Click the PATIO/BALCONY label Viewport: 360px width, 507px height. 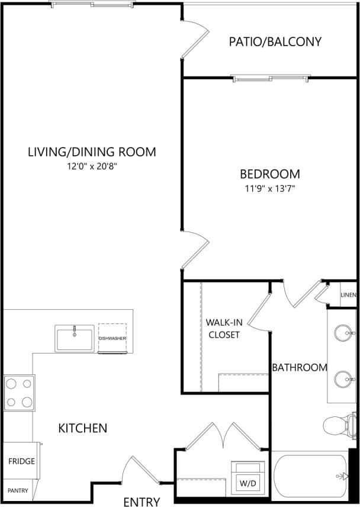click(x=275, y=41)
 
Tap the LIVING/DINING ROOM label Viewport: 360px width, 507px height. click(x=92, y=152)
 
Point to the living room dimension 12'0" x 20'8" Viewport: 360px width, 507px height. click(x=92, y=167)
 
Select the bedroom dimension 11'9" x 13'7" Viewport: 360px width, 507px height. click(x=269, y=190)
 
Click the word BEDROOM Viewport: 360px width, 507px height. click(x=269, y=174)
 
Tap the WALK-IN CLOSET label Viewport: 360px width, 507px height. click(x=223, y=329)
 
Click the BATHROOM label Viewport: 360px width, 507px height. click(x=299, y=367)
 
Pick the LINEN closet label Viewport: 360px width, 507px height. click(x=348, y=296)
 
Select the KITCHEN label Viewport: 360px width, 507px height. click(x=82, y=428)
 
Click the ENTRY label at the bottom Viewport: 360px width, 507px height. click(x=142, y=502)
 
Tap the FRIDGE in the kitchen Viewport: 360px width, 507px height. click(x=21, y=461)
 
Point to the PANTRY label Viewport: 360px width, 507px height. click(x=18, y=490)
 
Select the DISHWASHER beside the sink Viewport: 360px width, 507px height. click(x=112, y=338)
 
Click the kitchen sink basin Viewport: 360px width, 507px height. click(x=75, y=338)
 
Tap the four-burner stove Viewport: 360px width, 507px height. click(x=18, y=393)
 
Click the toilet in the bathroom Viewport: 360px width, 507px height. click(x=339, y=425)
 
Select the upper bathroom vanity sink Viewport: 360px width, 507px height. click(x=342, y=333)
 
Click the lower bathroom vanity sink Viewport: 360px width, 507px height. click(x=342, y=378)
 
